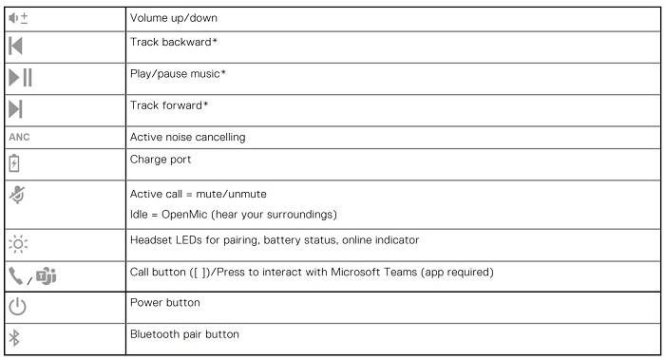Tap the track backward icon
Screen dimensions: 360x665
(x=16, y=46)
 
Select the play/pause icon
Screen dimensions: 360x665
(x=20, y=79)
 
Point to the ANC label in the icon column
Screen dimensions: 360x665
(x=19, y=137)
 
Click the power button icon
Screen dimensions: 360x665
(x=17, y=306)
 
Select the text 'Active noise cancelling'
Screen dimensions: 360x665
(x=186, y=137)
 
